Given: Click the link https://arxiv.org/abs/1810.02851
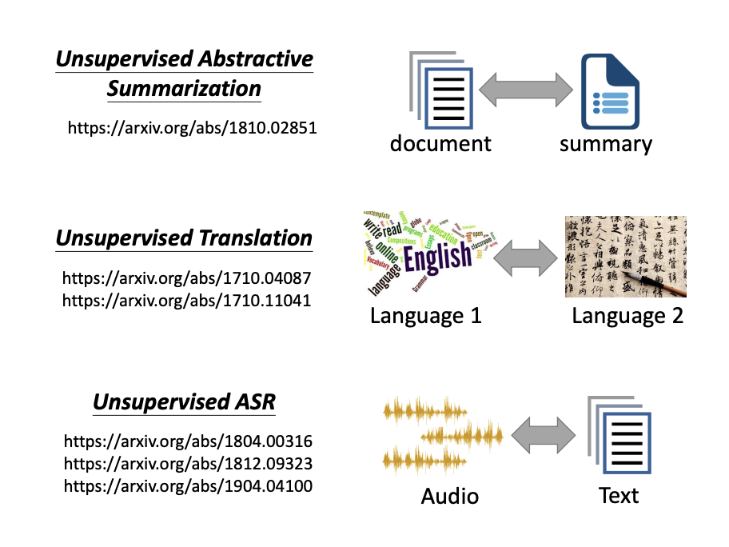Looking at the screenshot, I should [193, 127].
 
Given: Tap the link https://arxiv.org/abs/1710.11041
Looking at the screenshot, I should [187, 301].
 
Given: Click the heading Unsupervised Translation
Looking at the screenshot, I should [184, 238].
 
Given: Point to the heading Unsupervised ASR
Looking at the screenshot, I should [184, 401].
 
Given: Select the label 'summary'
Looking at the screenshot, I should [606, 144].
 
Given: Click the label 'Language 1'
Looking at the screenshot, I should [426, 316].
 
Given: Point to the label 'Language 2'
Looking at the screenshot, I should [627, 316].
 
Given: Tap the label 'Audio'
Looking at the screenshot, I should [450, 497].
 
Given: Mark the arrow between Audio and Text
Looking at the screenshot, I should [543, 438].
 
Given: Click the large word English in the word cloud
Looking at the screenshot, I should [438, 258].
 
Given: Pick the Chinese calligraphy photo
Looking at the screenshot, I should [625, 257].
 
